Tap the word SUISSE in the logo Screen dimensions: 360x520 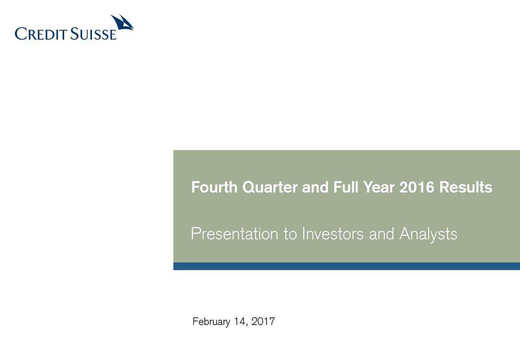[93, 34]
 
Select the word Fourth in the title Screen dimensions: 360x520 [214, 188]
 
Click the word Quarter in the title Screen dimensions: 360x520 [270, 188]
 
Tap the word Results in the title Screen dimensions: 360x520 [466, 188]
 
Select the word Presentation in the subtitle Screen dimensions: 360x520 [234, 234]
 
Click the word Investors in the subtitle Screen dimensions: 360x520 [333, 234]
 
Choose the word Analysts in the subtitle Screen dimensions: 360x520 [428, 234]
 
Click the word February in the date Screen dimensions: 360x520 [210, 322]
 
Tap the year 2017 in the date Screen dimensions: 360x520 [263, 322]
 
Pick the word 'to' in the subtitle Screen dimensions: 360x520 [290, 234]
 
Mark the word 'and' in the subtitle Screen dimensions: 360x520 [382, 234]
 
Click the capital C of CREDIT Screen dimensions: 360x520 [20, 34]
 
